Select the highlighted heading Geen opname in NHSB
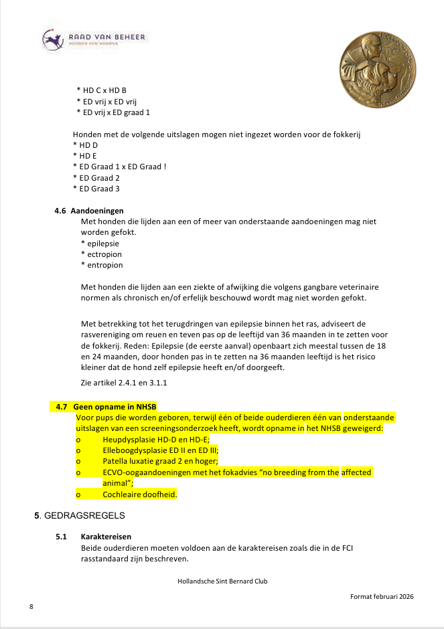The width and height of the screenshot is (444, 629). point(110,407)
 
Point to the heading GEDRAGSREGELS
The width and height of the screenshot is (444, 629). point(84,517)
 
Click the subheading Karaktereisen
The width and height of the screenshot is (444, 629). point(106,537)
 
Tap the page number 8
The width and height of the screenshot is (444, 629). point(31,606)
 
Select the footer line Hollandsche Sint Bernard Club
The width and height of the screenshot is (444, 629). point(222,581)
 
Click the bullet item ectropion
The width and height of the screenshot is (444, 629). point(103,254)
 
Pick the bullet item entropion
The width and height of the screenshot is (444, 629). point(103,265)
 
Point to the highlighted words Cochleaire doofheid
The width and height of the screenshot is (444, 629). point(139,495)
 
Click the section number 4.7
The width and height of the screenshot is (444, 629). point(62,407)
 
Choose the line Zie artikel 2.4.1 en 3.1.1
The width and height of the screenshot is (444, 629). point(123,383)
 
